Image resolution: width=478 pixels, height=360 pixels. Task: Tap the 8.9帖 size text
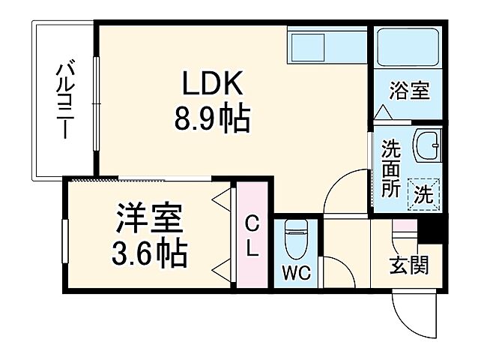[x=212, y=118]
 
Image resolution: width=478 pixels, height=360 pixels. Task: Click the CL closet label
[x=253, y=236]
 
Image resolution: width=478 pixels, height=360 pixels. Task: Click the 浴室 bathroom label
[x=409, y=91]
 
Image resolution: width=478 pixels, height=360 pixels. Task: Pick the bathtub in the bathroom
[x=408, y=49]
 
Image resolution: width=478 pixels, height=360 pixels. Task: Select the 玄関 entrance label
[x=409, y=265]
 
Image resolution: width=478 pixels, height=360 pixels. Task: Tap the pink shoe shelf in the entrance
[x=403, y=225]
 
